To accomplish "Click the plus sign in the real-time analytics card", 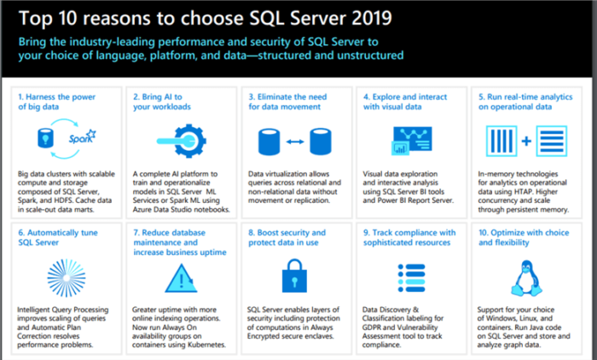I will pyautogui.click(x=526, y=140).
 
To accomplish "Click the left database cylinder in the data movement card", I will pyautogui.click(x=269, y=140).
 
